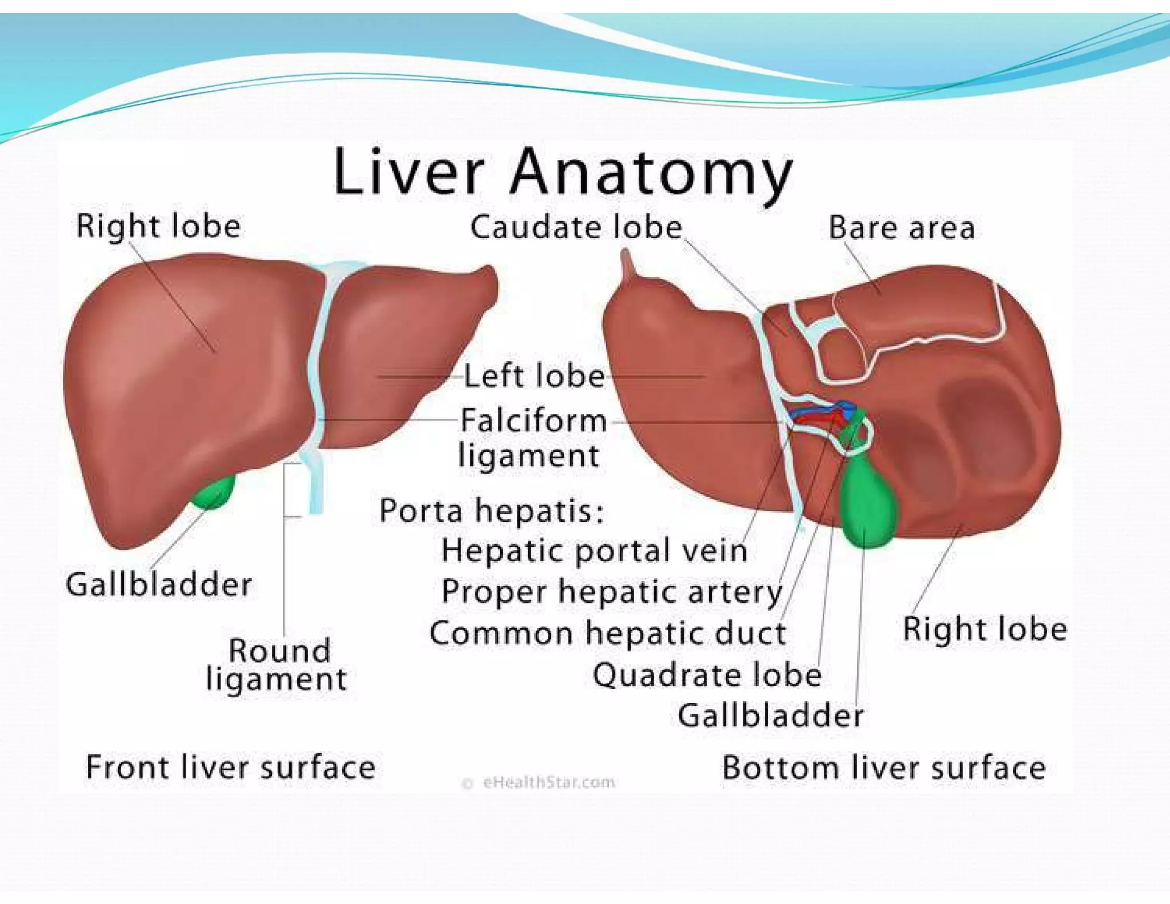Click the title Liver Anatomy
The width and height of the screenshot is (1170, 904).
(563, 172)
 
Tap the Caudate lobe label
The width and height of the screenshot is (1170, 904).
(576, 227)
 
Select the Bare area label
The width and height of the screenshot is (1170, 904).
(901, 228)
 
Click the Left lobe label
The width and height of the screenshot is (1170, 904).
(534, 377)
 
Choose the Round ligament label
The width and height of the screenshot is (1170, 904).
(278, 665)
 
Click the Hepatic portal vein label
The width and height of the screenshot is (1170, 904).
(594, 551)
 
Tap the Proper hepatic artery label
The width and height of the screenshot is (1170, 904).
(611, 591)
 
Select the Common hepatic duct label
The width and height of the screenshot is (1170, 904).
(607, 633)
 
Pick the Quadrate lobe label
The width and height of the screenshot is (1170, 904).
(707, 675)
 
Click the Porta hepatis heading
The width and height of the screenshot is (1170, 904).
(491, 510)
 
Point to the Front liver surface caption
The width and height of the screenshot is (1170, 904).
(230, 767)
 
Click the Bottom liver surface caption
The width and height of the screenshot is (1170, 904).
(883, 767)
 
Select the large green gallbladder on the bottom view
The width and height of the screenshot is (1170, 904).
(867, 503)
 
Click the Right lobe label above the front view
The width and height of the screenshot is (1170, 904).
(158, 226)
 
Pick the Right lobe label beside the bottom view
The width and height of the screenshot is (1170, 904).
(984, 629)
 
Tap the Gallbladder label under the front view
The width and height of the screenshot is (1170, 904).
(159, 585)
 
